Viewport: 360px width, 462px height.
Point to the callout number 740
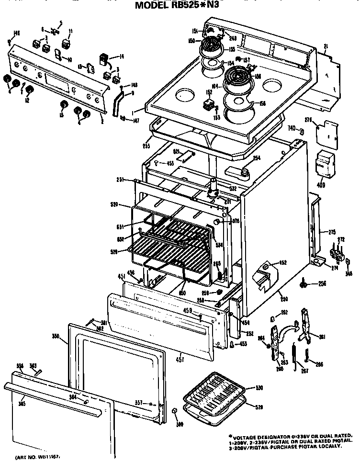[x=291, y=128]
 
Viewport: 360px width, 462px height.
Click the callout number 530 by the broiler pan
[x=259, y=387]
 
